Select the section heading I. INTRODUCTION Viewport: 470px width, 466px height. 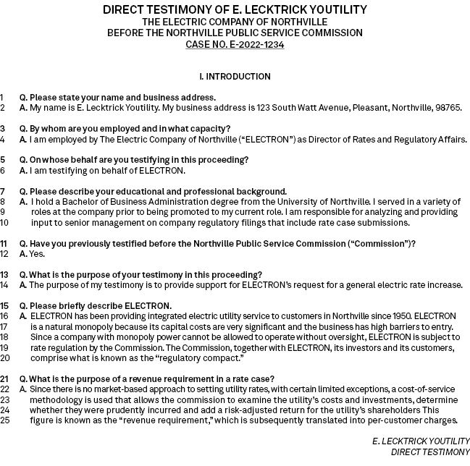click(235, 76)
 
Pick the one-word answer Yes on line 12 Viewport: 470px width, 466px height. click(37, 254)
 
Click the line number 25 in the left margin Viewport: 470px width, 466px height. click(5, 420)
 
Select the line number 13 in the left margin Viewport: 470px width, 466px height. click(4, 275)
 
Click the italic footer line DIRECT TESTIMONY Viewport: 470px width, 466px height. click(430, 452)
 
